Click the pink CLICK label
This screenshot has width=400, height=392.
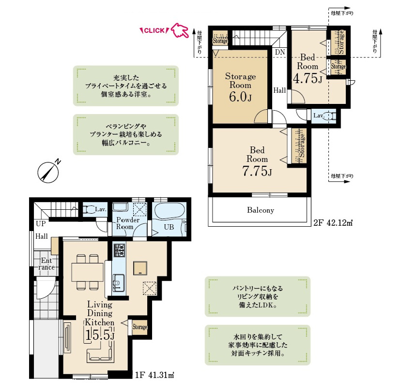[154, 30]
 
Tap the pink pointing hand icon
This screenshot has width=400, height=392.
[180, 30]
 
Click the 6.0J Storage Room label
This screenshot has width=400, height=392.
[240, 87]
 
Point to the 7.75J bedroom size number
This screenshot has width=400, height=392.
[257, 171]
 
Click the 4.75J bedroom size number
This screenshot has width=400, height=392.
[308, 78]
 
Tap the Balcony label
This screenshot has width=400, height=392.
[261, 210]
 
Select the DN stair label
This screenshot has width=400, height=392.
[280, 52]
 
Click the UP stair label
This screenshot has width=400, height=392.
[41, 224]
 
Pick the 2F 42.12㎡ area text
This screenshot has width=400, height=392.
[333, 223]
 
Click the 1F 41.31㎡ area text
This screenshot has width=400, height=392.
[155, 375]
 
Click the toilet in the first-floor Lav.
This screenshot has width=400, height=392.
[89, 209]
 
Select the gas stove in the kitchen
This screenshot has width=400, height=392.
[119, 250]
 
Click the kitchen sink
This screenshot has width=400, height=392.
[118, 283]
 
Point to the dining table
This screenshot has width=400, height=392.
[87, 272]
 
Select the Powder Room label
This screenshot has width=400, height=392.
[128, 223]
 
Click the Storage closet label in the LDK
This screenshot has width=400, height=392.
[140, 327]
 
